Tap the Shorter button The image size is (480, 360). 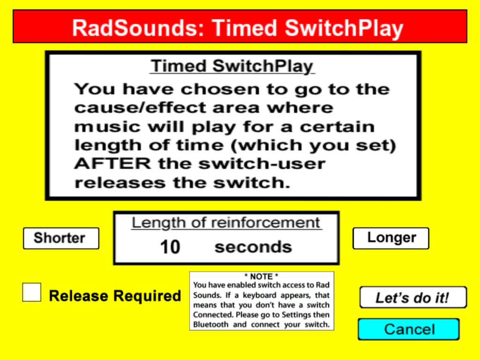(x=61, y=238)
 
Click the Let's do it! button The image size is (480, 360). (x=413, y=297)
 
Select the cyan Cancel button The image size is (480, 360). (x=409, y=330)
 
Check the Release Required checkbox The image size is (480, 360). (x=31, y=292)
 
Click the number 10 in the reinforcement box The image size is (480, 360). (x=170, y=247)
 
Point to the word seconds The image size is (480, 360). (x=253, y=247)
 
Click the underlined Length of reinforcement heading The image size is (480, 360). (x=226, y=223)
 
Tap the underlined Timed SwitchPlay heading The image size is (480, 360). (x=232, y=66)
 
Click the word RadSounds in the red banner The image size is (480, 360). (x=135, y=28)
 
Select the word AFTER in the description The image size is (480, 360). (x=112, y=164)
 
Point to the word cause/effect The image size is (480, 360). (x=140, y=107)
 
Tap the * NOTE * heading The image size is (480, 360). (x=261, y=277)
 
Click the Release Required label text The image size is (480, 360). (x=115, y=296)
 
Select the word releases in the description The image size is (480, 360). (x=120, y=183)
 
